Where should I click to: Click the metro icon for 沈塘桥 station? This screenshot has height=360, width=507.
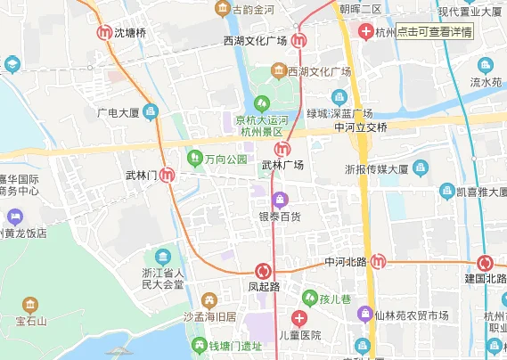click(x=104, y=32)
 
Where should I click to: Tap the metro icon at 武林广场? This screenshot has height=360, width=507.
click(x=282, y=149)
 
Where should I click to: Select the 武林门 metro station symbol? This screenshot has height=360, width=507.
click(x=167, y=175)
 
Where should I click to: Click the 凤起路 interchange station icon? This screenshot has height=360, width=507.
click(x=263, y=271)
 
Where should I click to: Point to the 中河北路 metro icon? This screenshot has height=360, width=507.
click(x=379, y=261)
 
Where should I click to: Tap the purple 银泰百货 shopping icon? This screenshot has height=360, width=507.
click(x=281, y=198)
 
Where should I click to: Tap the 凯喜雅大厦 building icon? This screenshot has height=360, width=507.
click(x=447, y=190)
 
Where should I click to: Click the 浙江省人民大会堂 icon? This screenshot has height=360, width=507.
click(x=161, y=258)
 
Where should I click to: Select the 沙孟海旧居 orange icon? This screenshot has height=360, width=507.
click(x=209, y=299)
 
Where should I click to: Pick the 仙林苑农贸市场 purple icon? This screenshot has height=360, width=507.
click(x=364, y=315)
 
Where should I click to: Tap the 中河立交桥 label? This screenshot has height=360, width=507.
click(x=361, y=127)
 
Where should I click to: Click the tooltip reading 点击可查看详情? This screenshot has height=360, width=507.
click(x=434, y=31)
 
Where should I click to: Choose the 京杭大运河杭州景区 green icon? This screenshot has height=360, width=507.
click(x=262, y=101)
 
